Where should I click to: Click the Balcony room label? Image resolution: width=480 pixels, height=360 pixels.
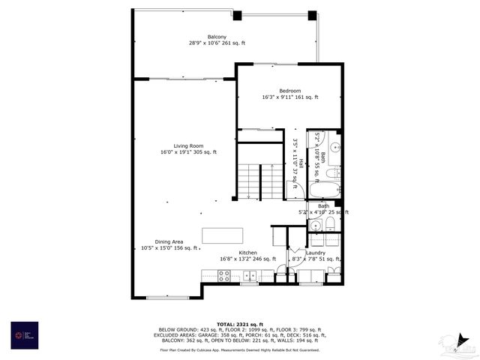(217, 37)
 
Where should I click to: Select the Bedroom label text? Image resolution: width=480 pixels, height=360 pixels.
(289, 91)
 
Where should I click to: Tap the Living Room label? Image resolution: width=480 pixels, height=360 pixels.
(188, 146)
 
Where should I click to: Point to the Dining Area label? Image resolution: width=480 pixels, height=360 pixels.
(169, 241)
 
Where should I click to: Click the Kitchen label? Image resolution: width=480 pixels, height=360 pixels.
(248, 253)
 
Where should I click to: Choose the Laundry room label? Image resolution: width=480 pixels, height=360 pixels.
(315, 253)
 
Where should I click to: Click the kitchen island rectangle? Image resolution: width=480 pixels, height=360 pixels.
(222, 234)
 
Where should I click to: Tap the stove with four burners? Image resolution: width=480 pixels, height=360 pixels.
(220, 275)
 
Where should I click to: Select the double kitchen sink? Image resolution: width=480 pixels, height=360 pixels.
(247, 275)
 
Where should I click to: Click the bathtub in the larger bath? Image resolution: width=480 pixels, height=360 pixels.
(325, 188)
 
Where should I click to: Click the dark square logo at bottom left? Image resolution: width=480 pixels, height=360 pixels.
(23, 334)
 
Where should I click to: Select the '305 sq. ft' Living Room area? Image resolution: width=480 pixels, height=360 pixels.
(205, 152)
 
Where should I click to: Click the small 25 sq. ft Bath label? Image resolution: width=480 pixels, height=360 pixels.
(323, 205)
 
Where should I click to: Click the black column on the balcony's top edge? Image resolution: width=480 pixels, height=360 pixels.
(237, 15)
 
